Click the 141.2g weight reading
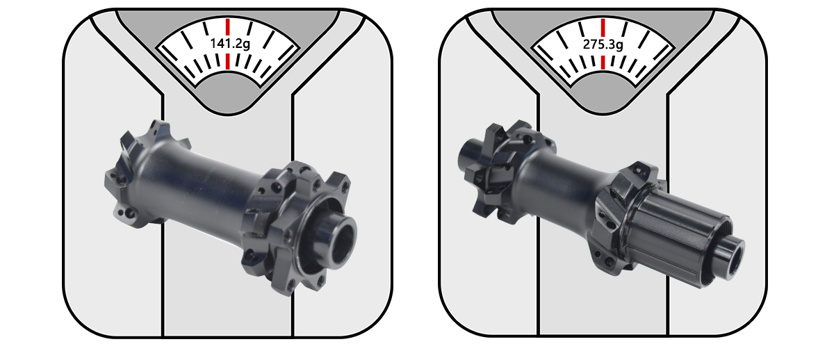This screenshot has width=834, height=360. click(x=228, y=42)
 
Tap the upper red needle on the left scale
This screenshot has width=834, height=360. click(x=228, y=25)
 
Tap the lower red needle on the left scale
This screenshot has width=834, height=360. click(x=228, y=63)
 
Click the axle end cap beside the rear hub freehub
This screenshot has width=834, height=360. click(x=731, y=253)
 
